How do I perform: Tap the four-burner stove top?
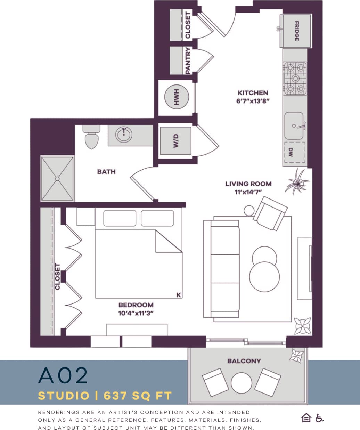coord(295,78)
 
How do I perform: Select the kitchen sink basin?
coord(294,125)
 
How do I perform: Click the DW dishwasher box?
coord(295,152)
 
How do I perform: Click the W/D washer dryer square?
coord(175,141)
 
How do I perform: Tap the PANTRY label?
coord(188,60)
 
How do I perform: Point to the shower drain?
coord(57,178)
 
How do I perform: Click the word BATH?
coord(106,171)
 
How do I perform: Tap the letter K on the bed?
coord(179,295)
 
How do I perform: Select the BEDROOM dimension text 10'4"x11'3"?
coord(136,313)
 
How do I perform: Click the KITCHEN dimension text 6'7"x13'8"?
coord(253,101)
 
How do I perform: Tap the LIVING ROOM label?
coord(248,184)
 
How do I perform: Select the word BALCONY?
coord(244,361)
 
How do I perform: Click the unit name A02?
coord(63,375)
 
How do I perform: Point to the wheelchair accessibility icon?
coord(319,418)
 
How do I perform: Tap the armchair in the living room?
coord(270,213)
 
